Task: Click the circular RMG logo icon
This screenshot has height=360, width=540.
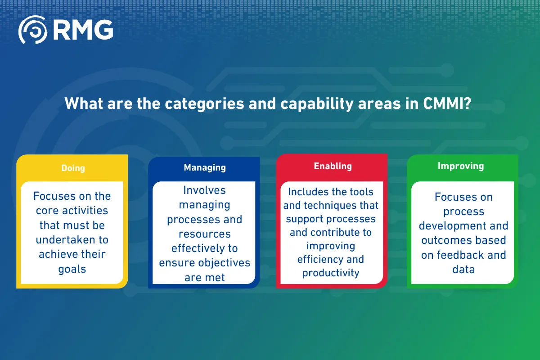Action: tap(33, 30)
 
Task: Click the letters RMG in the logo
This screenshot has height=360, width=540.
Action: tap(83, 30)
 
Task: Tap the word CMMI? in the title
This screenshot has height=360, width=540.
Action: tap(447, 103)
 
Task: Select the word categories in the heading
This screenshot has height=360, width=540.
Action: tap(204, 103)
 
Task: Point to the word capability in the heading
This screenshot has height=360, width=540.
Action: tap(317, 103)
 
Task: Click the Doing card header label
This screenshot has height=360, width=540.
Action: tap(73, 168)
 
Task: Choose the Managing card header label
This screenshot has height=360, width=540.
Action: tap(205, 167)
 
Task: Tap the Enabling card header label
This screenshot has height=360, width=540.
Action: tap(333, 166)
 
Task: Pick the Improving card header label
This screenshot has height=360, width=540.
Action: tap(461, 166)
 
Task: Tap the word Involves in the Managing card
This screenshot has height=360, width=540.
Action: tap(204, 190)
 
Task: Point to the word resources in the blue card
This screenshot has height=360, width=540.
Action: tap(205, 234)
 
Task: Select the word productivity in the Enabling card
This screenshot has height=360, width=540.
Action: tap(331, 273)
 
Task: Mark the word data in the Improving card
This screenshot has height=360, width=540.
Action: tap(463, 270)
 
